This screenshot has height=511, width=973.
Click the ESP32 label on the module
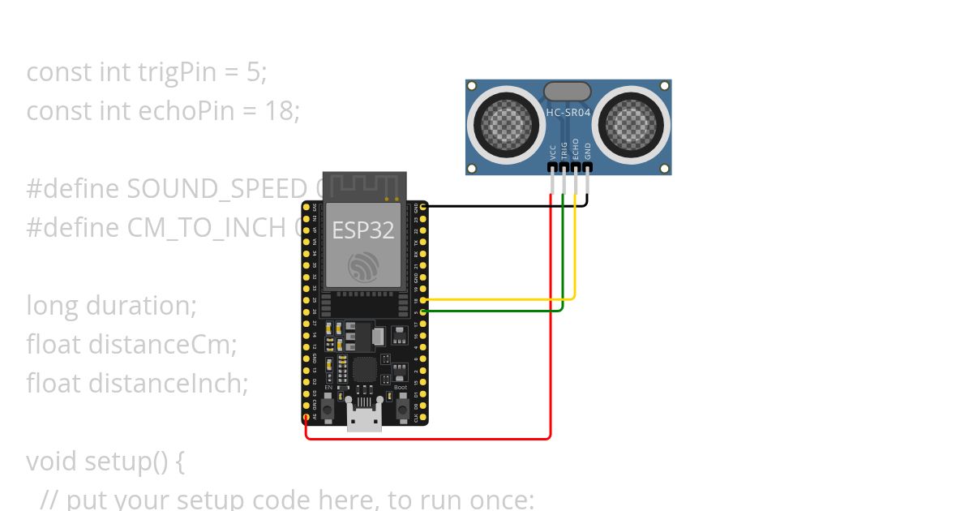tap(362, 230)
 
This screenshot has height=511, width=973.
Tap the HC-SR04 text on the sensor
tap(568, 113)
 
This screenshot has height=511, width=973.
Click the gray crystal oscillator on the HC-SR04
tap(568, 92)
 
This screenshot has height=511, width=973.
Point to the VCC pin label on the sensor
tap(553, 151)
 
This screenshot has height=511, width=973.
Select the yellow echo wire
tap(503, 299)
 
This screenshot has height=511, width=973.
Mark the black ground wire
tap(503, 206)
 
